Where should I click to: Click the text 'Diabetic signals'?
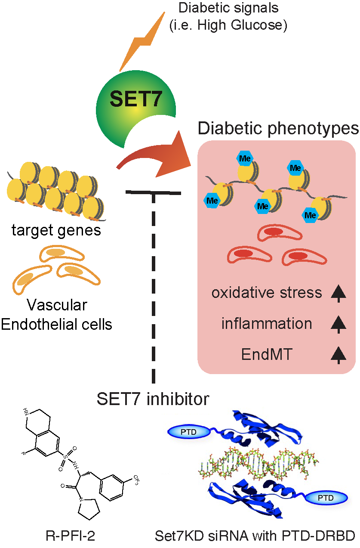(228, 8)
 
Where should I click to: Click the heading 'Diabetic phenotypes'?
(278, 128)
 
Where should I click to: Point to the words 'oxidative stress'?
(267, 293)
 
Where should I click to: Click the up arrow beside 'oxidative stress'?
(338, 293)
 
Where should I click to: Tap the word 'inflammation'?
(267, 324)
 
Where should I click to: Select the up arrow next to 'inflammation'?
(338, 324)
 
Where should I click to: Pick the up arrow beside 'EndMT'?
(338, 354)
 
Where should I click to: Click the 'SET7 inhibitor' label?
(153, 399)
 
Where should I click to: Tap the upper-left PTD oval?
(188, 432)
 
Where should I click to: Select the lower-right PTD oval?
(326, 498)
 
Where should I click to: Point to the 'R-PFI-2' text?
(70, 536)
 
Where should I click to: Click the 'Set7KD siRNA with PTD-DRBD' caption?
(255, 536)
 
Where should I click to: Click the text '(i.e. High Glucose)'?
(228, 25)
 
